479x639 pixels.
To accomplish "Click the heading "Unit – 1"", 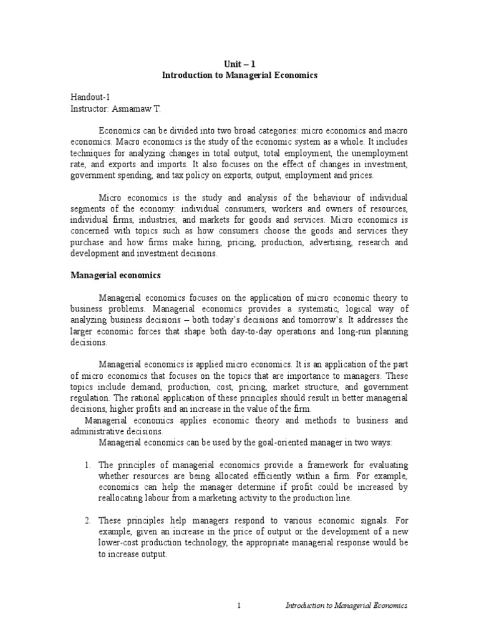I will (239, 63).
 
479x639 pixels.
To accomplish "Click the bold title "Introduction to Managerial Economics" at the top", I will (239, 75).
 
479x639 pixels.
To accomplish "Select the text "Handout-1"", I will (89, 98).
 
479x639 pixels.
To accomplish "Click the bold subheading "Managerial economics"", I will (115, 275).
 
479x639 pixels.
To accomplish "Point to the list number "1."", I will (87, 466).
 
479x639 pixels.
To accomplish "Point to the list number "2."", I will (87, 520).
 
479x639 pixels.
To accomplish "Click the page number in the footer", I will (239, 606).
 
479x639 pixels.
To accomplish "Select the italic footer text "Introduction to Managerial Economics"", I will (346, 606).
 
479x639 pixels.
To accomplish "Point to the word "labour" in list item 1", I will (165, 499).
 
